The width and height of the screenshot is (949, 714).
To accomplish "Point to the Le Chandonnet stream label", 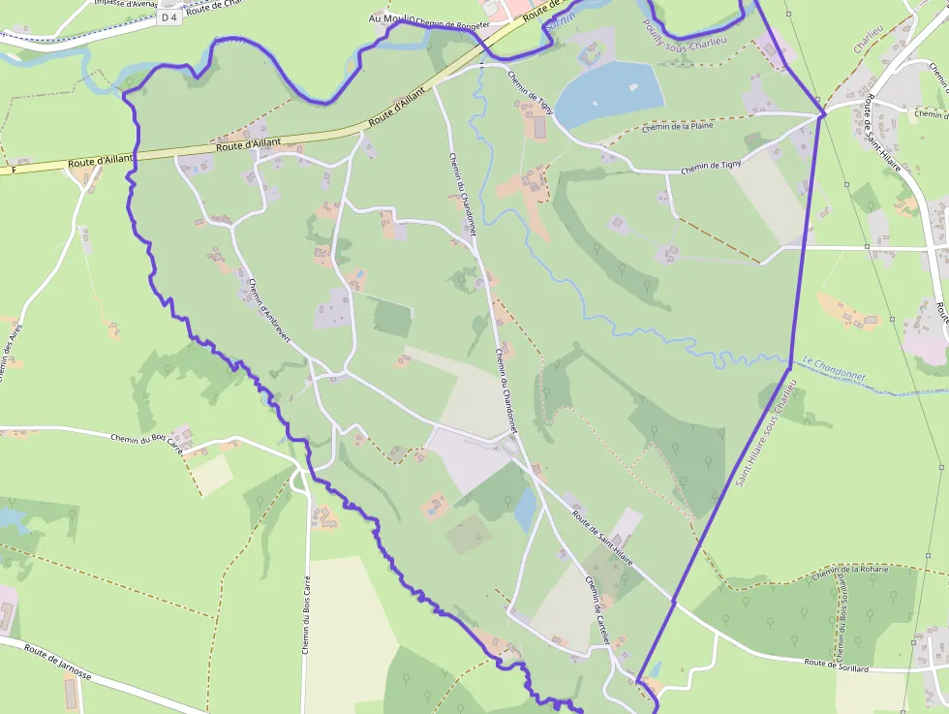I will click(834, 369).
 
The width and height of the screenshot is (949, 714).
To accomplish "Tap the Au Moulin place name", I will click(391, 18).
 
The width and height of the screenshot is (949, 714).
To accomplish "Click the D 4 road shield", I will click(169, 16).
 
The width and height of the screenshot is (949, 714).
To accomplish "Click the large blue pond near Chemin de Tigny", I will click(612, 92).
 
